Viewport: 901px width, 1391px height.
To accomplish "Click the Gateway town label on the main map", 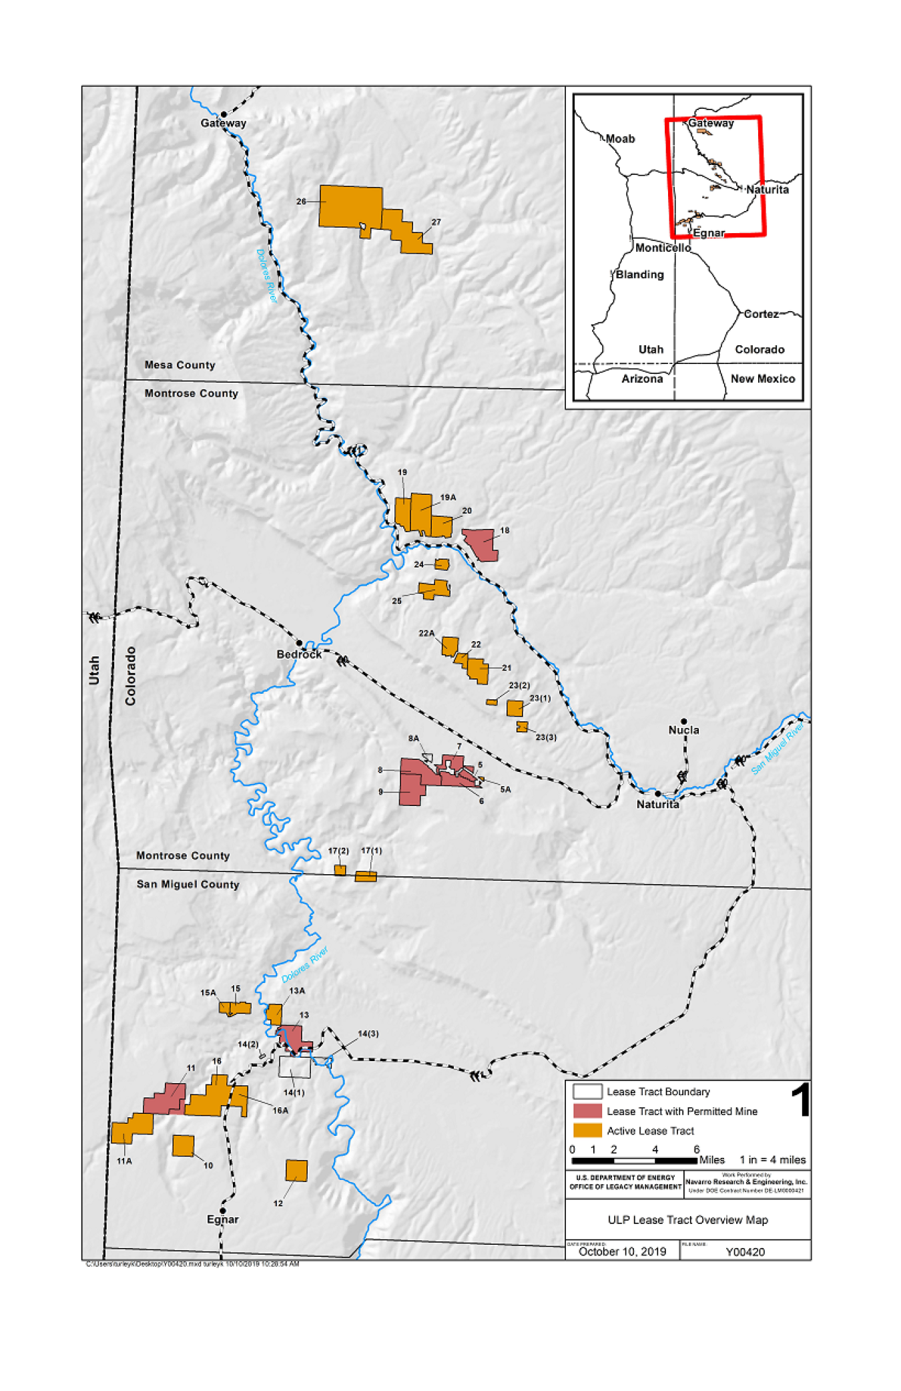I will (223, 123).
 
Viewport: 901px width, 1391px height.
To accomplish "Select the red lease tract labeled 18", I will (481, 542).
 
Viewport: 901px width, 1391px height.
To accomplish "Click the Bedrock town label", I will (298, 654).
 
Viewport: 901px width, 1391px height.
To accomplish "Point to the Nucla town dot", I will (683, 721).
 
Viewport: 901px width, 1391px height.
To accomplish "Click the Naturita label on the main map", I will (657, 804).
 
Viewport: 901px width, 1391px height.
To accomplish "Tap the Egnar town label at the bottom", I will (222, 1219).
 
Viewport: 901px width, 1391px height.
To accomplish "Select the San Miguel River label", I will (778, 749).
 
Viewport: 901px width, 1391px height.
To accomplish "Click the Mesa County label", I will (180, 365).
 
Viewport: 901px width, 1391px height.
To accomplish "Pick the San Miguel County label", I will (188, 884).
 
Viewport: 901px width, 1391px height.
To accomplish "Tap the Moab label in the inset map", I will (620, 139).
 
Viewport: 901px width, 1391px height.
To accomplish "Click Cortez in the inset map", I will (761, 314).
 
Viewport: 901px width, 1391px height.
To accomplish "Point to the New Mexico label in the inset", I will (762, 379).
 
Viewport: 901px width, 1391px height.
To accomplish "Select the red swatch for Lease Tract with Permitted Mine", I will (587, 1111).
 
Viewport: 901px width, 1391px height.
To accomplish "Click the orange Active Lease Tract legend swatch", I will (587, 1131).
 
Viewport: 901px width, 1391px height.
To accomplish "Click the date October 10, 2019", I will (622, 1251).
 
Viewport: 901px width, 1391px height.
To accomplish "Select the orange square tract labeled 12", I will (296, 1171).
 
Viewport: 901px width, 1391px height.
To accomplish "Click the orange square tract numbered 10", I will (183, 1145).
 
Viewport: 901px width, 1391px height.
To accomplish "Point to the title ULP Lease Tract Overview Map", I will (687, 1219).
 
